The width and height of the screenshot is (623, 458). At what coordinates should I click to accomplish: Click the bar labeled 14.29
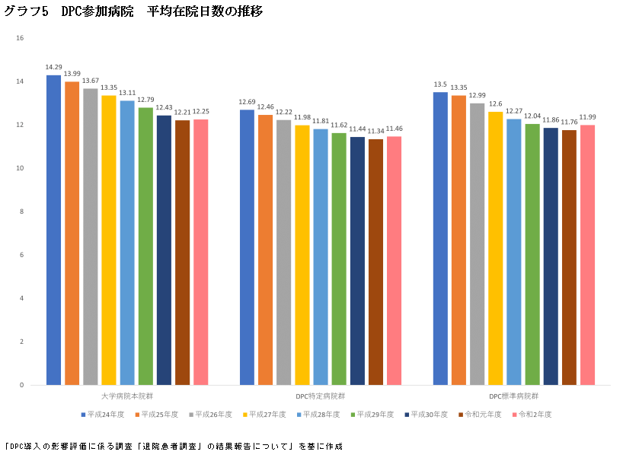point(53,228)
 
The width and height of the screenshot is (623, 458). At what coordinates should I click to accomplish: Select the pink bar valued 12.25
point(200,251)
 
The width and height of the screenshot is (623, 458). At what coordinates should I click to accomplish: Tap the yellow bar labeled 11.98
point(302,255)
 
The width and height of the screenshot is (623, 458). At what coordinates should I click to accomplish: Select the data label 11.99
point(588,117)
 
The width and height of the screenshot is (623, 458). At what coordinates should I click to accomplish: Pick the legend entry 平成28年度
point(320,415)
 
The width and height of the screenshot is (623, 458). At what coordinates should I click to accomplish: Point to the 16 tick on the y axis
point(20,38)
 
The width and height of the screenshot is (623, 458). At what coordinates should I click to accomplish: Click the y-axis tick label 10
point(20,168)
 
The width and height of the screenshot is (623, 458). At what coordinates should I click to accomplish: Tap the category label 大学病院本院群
point(126,396)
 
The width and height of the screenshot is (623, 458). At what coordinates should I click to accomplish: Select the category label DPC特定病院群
point(320,396)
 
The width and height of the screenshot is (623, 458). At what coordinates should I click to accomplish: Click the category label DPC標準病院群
point(513,396)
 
